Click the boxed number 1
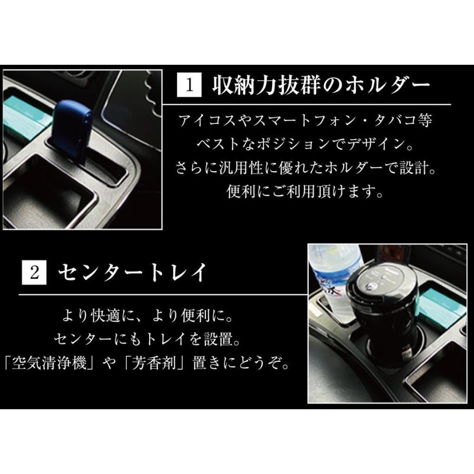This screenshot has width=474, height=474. coord(191,85)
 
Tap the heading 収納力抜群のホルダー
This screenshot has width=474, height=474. coord(321,85)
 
